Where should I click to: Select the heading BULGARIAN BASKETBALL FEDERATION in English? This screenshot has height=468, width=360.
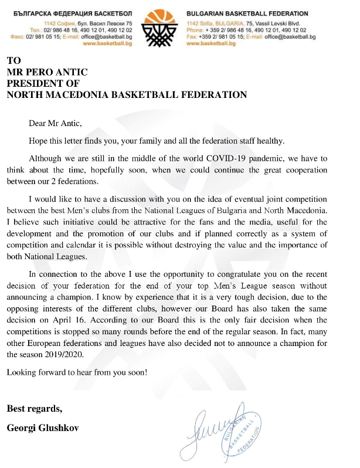click(x=247, y=13)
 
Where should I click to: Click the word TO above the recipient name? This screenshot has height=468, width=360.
click(x=13, y=61)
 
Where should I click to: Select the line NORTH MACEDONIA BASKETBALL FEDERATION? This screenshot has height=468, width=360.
click(x=127, y=94)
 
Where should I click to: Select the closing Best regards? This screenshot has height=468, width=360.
click(x=34, y=408)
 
